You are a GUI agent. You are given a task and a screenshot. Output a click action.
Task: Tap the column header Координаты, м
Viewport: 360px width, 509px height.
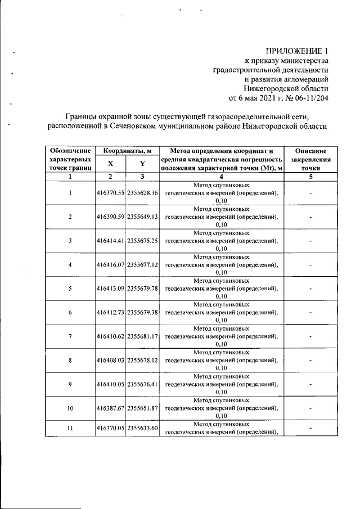tap(127, 151)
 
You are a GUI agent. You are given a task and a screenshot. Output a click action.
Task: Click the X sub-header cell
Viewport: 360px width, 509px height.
tap(110, 164)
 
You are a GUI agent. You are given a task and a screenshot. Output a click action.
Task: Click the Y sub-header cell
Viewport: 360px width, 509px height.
tap(142, 164)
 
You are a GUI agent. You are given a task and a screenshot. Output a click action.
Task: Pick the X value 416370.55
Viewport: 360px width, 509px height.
tap(111, 193)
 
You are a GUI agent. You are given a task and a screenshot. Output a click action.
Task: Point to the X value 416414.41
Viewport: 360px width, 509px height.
tap(111, 241)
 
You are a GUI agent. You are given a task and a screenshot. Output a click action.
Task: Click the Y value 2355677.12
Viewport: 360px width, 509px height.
tap(143, 264)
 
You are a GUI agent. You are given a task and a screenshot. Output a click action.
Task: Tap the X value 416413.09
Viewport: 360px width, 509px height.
tap(111, 289)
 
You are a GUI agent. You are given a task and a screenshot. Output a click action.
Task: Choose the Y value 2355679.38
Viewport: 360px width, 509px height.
tap(143, 312)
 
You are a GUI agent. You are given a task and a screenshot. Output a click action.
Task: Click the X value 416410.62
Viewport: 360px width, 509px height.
tap(111, 336)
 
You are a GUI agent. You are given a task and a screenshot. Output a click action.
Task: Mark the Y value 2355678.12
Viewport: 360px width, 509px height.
tap(143, 360)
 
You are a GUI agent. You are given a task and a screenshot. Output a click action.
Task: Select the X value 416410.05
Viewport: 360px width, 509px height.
tap(111, 384)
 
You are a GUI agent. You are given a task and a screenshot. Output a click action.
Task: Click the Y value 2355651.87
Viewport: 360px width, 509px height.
tap(143, 408)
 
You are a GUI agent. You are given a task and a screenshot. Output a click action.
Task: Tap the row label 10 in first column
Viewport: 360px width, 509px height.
tap(70, 408)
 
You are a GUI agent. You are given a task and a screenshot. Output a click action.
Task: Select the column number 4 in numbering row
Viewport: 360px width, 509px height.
tap(222, 177)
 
